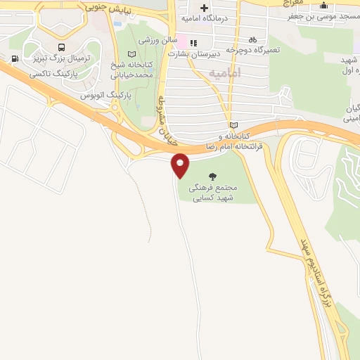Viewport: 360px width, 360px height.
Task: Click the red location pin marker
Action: tap(181, 165)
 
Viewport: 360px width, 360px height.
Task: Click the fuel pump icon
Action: tap(14, 59)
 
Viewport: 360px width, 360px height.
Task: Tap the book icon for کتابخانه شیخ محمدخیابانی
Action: tap(131, 54)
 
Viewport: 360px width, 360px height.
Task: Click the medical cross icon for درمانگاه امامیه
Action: tap(204, 8)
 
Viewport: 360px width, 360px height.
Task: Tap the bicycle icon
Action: tap(252, 40)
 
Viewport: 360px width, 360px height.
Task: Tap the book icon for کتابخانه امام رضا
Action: tap(233, 124)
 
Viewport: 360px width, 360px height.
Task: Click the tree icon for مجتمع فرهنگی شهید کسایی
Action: tap(213, 176)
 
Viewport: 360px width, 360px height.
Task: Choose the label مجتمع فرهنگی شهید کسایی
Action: tap(214, 193)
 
